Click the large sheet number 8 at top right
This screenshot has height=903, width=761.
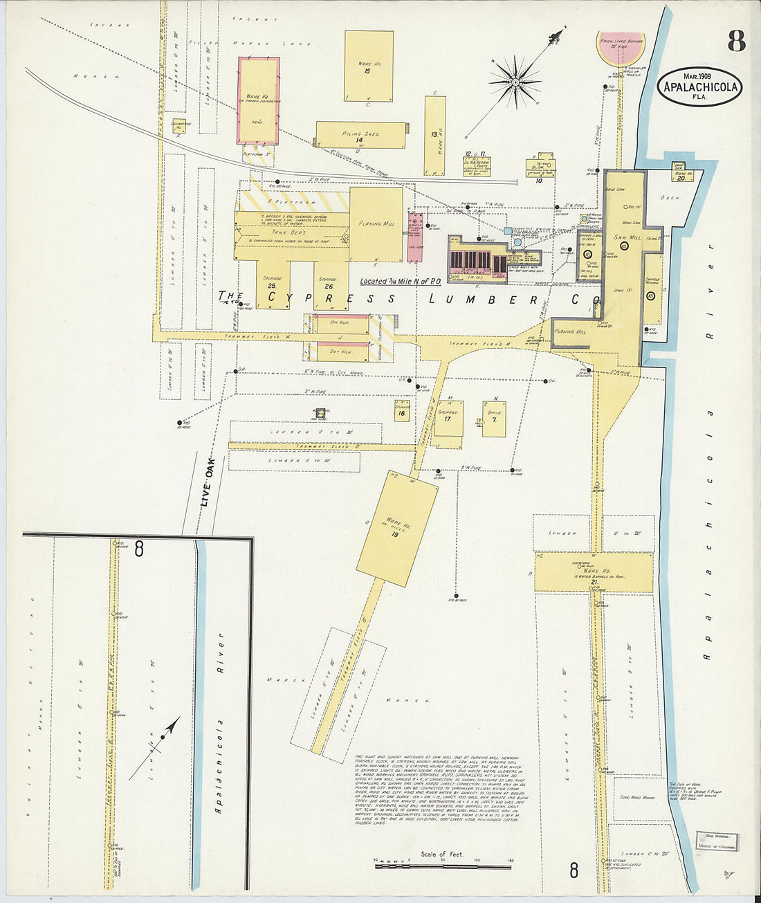click(736, 42)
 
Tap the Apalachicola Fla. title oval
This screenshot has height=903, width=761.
click(700, 86)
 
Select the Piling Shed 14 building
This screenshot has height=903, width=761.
click(360, 135)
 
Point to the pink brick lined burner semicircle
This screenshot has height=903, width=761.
click(621, 47)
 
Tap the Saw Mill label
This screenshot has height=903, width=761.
click(626, 237)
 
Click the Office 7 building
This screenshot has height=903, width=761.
click(494, 418)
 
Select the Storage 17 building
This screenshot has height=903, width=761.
click(449, 418)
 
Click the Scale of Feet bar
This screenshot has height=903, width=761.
click(442, 863)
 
